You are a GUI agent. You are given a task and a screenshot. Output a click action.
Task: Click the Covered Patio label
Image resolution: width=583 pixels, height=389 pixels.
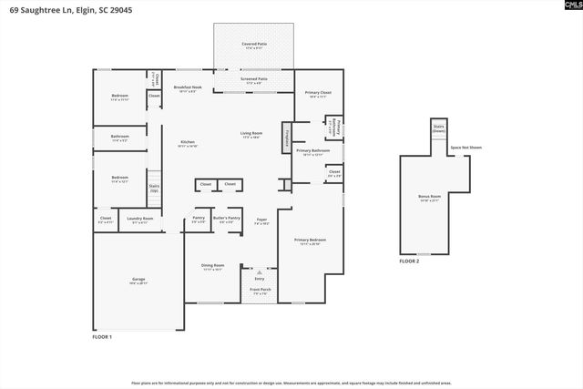point(254,45)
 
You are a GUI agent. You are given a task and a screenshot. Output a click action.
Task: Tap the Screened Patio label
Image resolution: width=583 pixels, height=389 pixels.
point(254,79)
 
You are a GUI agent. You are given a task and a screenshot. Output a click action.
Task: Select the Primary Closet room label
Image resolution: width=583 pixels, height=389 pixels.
point(318,93)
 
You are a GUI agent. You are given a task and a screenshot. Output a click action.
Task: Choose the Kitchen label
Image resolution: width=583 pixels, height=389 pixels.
point(189,142)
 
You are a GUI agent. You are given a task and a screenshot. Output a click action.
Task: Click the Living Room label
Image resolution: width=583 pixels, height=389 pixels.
point(251,135)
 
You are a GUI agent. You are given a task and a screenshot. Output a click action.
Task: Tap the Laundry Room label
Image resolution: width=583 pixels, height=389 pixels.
point(140,219)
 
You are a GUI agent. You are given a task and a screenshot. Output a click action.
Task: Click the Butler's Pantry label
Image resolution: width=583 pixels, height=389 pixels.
point(226,219)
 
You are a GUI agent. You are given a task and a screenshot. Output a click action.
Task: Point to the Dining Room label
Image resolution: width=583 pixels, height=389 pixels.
point(212,267)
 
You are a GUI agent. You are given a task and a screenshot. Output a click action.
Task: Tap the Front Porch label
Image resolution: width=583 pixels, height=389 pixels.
point(260,291)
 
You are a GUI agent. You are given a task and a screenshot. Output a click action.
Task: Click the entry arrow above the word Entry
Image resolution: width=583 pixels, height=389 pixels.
point(260,271)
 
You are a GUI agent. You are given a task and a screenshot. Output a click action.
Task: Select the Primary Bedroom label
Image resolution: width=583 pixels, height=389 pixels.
point(310,241)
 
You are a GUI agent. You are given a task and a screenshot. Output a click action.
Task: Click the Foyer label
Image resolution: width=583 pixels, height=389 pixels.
point(261,220)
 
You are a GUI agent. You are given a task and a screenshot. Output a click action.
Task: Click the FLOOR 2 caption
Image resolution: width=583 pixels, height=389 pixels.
point(409,261)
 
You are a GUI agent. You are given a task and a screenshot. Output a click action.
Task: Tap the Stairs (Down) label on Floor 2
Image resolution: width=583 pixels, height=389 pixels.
point(438,128)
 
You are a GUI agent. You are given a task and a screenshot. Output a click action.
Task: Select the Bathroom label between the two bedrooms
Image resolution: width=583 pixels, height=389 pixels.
point(119,138)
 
